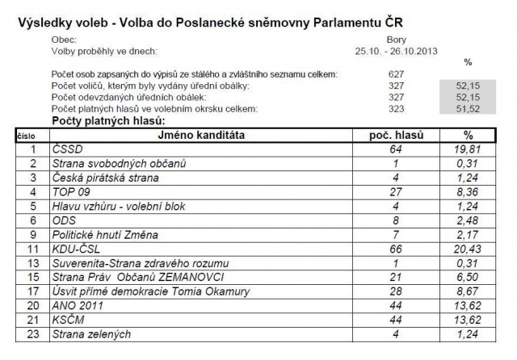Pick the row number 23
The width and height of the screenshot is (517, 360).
click(x=32, y=334)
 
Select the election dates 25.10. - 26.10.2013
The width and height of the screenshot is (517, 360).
click(x=396, y=49)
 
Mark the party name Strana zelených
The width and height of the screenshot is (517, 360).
click(x=91, y=334)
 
